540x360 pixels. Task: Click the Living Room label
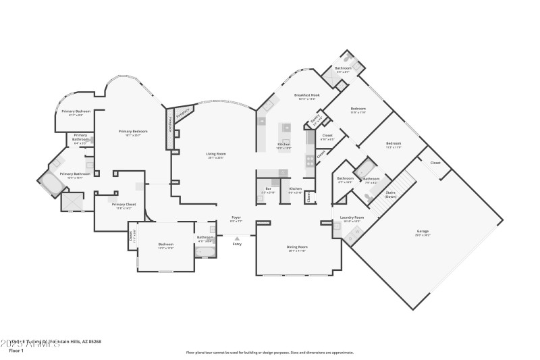[x=216, y=155]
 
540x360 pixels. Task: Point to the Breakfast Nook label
[x=306, y=97]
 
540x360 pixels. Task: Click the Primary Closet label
[x=122, y=206]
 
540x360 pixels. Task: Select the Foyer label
[x=236, y=219]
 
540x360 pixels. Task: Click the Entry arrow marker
[x=236, y=238]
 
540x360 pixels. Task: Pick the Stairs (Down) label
[x=390, y=194]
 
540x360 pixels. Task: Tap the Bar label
[x=268, y=190]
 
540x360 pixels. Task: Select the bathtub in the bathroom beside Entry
[x=205, y=252]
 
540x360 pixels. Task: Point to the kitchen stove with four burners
[x=310, y=160]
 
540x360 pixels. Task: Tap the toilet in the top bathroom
[x=348, y=57]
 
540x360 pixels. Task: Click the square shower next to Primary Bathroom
[x=72, y=202]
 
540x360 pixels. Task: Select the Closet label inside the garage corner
[x=435, y=163]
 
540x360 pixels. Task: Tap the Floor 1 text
[x=16, y=351]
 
